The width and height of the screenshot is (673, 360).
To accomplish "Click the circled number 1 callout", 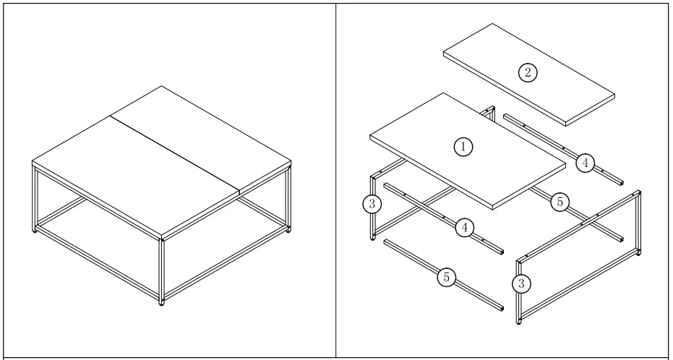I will click(463, 147).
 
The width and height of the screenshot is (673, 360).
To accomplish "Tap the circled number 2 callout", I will click(528, 72).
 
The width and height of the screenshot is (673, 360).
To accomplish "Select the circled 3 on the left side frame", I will click(372, 204).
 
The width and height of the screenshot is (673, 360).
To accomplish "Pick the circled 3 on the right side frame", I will click(520, 283).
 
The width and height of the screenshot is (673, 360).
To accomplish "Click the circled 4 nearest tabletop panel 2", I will click(585, 163).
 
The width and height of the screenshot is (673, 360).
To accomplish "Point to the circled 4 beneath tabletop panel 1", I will click(465, 228).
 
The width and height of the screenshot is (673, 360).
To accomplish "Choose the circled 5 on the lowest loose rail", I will click(447, 276).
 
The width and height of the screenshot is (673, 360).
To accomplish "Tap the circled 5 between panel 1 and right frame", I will click(560, 202).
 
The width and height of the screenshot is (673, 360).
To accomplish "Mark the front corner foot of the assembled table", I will click(161, 302).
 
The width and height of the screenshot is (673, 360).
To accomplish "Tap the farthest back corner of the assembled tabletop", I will click(160, 87).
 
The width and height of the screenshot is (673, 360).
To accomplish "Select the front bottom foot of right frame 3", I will click(519, 322).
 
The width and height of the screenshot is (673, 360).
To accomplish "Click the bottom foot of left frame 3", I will click(373, 238).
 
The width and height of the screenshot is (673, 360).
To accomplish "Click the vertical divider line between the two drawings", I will click(336, 180).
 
